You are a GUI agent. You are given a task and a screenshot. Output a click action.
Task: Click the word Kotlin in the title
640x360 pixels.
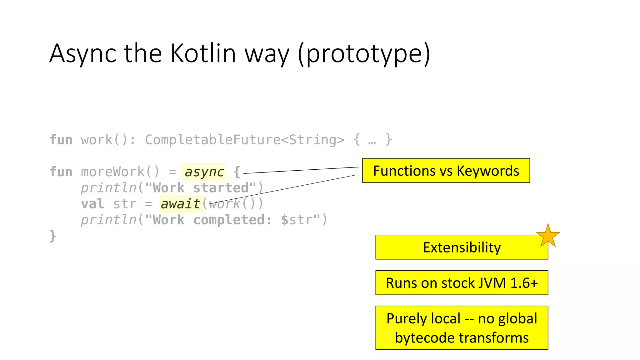pyautogui.click(x=203, y=53)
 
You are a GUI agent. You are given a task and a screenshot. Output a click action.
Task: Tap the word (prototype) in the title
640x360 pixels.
pyautogui.click(x=364, y=53)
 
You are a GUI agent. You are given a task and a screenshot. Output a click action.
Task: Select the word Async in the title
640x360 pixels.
pyautogui.click(x=83, y=53)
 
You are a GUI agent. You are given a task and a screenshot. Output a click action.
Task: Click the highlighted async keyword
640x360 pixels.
pyautogui.click(x=204, y=172)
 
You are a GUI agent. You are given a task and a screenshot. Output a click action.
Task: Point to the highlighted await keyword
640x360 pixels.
pyautogui.click(x=180, y=204)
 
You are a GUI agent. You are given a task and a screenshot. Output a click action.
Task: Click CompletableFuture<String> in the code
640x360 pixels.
pyautogui.click(x=244, y=140)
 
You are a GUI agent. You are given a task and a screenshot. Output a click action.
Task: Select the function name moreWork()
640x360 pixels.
pyautogui.click(x=120, y=172)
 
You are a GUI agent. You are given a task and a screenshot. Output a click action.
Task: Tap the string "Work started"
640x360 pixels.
pyautogui.click(x=200, y=188)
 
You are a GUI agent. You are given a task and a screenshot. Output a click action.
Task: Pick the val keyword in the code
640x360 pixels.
pyautogui.click(x=92, y=204)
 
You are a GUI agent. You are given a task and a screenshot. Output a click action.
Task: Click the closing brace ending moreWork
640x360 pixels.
pyautogui.click(x=53, y=236)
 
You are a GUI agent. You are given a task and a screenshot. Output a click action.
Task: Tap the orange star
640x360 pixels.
pyautogui.click(x=548, y=236)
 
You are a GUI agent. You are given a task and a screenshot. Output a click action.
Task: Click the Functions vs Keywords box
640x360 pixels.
pyautogui.click(x=446, y=171)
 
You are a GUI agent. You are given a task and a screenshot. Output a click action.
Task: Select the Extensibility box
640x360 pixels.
pyautogui.click(x=461, y=247)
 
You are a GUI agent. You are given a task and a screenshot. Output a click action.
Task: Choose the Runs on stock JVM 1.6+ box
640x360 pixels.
pyautogui.click(x=461, y=283)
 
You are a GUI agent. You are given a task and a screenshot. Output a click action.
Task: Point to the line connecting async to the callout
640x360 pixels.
pyautogui.click(x=300, y=170)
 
